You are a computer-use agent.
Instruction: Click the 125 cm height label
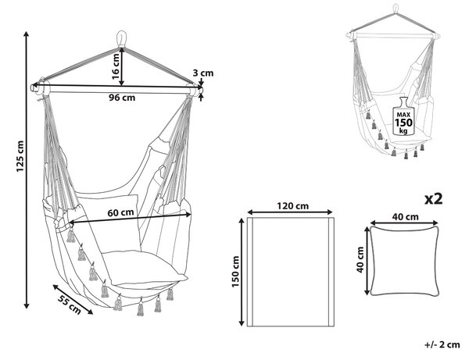20,156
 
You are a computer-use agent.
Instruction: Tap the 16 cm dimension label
116,66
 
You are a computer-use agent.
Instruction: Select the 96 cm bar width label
122,98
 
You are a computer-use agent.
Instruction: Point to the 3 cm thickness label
203,73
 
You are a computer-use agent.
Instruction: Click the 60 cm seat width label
120,212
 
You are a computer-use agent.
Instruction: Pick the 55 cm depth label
70,305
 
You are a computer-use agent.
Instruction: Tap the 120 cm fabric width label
292,206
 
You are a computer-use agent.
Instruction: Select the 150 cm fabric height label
236,271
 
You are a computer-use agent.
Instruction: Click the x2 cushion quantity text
433,198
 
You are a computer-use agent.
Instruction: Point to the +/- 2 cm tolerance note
442,344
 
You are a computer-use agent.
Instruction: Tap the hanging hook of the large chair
121,38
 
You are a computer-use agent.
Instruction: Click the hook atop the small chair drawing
396,9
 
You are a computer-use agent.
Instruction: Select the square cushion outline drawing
405,261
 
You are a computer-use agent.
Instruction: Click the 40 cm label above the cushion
405,216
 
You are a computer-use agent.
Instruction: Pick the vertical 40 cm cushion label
360,259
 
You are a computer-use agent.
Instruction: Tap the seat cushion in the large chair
144,267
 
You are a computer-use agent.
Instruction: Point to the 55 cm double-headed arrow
73,299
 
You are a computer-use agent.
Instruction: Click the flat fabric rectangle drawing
291,272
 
